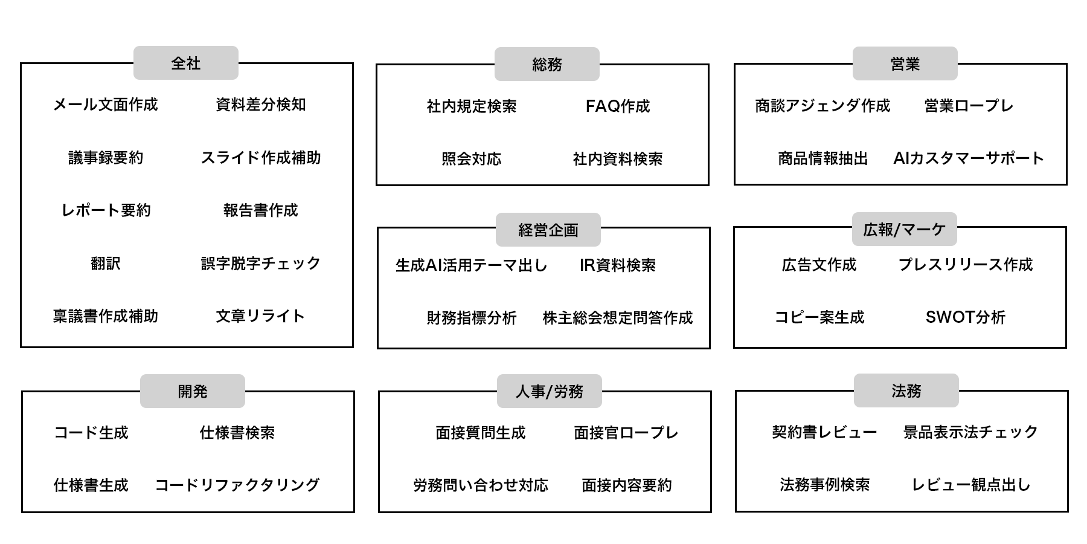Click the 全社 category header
[x=185, y=63]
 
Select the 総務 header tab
[x=547, y=64]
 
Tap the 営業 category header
[x=905, y=63]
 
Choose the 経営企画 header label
[x=548, y=230]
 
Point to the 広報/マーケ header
[x=904, y=229]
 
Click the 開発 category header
[x=192, y=391]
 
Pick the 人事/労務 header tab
[x=549, y=391]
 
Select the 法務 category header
[x=906, y=390]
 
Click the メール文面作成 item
[x=106, y=105]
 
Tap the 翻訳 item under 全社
[x=106, y=263]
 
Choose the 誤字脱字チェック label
[x=261, y=263]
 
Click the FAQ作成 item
[x=617, y=106]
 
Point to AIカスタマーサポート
[x=969, y=158]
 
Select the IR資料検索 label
[x=617, y=265]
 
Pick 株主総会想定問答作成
[x=617, y=317]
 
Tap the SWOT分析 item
[x=965, y=317]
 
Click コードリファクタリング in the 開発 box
[x=237, y=485]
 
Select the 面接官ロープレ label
[x=626, y=432]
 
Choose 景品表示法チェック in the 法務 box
[x=970, y=432]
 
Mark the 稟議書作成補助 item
[x=106, y=316]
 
